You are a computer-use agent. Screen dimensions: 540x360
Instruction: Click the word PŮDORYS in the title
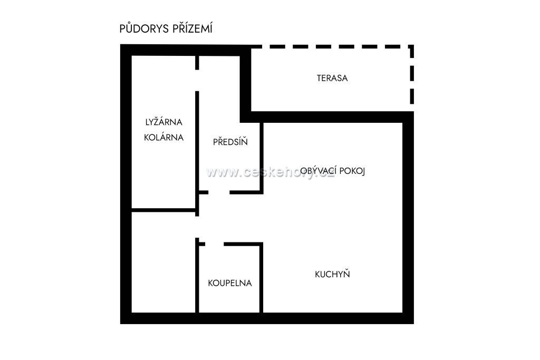[x=144, y=28]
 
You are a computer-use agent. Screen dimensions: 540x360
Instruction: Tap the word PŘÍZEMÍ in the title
[x=192, y=28]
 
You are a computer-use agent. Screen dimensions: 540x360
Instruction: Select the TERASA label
[x=332, y=78]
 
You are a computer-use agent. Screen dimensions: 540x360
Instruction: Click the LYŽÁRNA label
[x=163, y=122]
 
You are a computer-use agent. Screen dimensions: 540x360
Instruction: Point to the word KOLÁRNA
[x=163, y=138]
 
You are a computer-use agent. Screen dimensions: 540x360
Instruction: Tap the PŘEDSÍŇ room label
[x=230, y=141]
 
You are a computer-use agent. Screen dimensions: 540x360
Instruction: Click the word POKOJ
[x=352, y=171]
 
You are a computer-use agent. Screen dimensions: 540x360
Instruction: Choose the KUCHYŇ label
[x=332, y=274]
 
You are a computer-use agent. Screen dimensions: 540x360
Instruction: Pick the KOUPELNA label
[x=230, y=283]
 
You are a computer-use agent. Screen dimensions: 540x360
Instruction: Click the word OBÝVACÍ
[x=318, y=171]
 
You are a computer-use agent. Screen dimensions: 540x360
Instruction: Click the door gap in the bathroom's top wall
[x=215, y=244]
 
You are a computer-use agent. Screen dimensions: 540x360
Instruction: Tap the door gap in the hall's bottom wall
[x=219, y=192]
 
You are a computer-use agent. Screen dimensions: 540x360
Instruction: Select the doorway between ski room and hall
[x=197, y=81]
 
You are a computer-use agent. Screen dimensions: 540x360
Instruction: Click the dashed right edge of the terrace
[x=412, y=74]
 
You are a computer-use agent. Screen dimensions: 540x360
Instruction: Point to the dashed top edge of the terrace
[x=332, y=46]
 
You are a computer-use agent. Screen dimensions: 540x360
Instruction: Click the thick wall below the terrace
[x=327, y=117]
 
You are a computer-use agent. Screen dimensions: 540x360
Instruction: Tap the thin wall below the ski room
[x=163, y=210]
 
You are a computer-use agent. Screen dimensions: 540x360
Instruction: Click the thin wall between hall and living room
[x=262, y=158]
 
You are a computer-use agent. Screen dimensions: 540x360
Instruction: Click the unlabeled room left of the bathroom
[x=163, y=262]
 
